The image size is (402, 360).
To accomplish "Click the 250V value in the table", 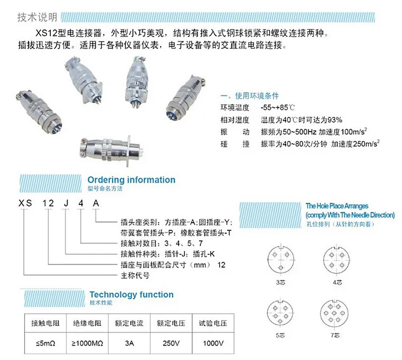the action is [171, 343].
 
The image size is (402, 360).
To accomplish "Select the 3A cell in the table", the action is [129, 343].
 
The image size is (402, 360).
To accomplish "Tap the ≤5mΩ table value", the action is [46, 343].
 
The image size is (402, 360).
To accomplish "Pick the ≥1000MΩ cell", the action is [87, 343].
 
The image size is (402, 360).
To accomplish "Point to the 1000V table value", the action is [213, 343].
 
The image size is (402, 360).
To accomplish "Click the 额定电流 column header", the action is [129, 324].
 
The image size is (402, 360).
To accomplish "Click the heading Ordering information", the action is [131, 180].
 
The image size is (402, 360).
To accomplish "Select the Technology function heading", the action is [131, 295].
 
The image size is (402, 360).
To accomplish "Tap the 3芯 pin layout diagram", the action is [281, 260].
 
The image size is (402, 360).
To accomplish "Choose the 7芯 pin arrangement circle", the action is [334, 313].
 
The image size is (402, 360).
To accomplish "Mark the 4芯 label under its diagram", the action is [337, 283].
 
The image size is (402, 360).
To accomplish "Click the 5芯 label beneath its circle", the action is [280, 335].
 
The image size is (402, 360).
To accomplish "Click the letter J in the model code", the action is [66, 203].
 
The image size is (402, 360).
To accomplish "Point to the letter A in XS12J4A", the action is [96, 203].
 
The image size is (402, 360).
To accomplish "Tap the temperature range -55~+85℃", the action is [278, 107].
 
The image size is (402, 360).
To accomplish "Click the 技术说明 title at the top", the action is [37, 17].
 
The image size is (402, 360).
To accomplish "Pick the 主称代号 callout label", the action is [135, 276].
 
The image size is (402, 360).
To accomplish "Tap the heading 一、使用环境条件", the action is [249, 96].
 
